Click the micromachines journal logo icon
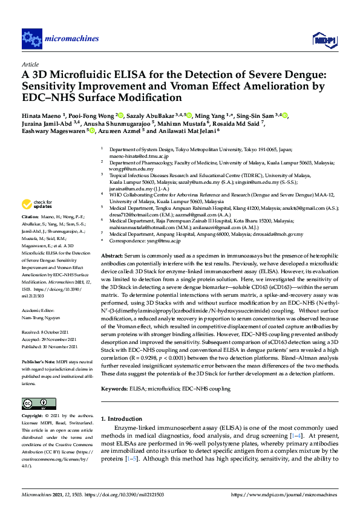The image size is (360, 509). click(31, 38)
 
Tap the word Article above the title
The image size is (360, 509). click(30, 63)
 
